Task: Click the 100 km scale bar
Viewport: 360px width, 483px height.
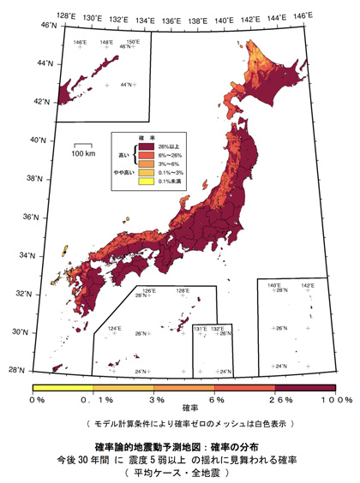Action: [82, 146]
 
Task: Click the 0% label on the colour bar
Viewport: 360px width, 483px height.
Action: [37, 399]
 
